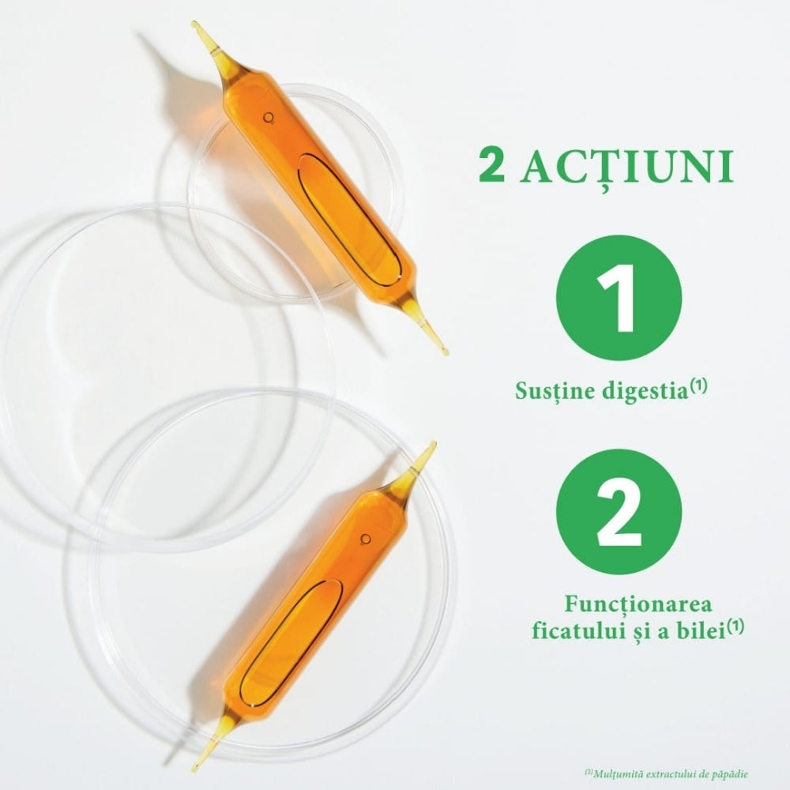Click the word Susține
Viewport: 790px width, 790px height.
tap(554, 390)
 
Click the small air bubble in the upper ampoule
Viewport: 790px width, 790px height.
tap(269, 118)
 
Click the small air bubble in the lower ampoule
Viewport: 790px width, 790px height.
tap(365, 540)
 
